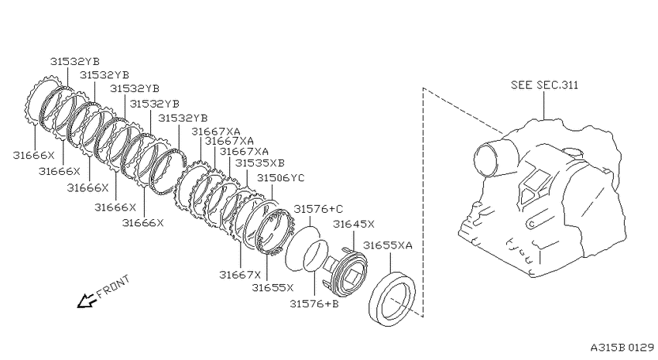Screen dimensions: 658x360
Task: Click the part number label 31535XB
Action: click(x=260, y=163)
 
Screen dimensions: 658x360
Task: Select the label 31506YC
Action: click(x=281, y=178)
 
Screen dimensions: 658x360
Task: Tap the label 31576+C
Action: click(x=318, y=209)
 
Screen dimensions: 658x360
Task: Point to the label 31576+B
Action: click(x=314, y=303)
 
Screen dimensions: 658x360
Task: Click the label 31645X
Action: click(x=353, y=224)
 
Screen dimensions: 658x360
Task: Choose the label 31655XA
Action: click(x=388, y=245)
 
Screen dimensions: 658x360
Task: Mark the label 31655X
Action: click(x=272, y=287)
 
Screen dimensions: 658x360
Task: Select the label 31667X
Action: click(x=240, y=275)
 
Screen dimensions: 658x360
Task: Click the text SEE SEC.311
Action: click(x=544, y=85)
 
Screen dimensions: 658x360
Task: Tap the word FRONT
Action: click(x=113, y=286)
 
